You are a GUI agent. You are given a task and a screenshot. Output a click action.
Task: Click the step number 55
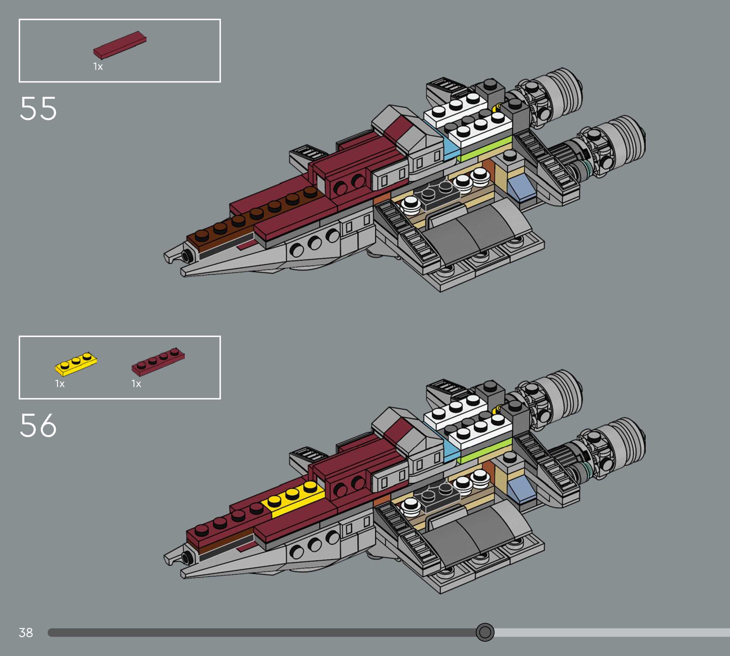[38, 109]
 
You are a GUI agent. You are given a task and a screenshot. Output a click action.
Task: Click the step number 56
[38, 425]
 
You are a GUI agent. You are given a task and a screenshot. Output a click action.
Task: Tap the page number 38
[26, 632]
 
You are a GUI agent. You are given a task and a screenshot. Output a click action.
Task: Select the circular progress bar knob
[485, 632]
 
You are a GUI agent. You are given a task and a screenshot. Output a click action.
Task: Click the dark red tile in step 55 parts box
[120, 45]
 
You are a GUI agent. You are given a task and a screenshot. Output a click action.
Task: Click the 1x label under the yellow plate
[60, 383]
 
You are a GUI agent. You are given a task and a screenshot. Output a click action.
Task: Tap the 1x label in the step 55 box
[98, 66]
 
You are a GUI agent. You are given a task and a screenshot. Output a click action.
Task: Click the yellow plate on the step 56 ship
[292, 498]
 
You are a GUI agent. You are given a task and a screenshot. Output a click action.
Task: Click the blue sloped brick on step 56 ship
[521, 489]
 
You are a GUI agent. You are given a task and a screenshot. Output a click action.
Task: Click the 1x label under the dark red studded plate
[136, 383]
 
